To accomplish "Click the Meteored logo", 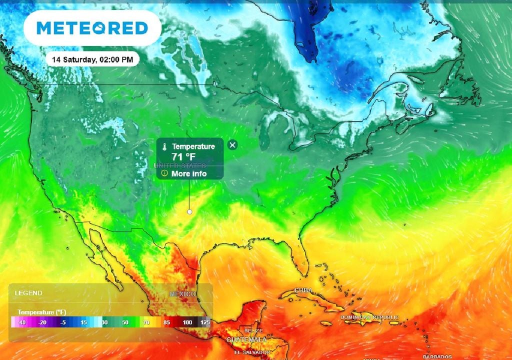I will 92,27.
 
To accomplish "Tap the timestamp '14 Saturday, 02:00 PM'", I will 92,59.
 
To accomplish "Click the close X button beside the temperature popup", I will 232,145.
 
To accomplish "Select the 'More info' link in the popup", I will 189,173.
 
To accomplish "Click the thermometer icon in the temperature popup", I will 163,146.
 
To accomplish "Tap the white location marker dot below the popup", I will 189,212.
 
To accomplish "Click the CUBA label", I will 303,290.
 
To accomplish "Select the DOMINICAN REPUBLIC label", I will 370,317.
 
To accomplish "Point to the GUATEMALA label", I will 246,340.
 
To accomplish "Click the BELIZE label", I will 250,331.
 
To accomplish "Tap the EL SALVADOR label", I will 251,352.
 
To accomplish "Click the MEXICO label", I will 182,294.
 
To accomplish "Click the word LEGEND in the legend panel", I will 28,293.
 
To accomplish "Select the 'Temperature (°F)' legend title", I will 42,312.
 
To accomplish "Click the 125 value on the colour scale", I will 204,323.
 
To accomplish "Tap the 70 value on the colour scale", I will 146,323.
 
